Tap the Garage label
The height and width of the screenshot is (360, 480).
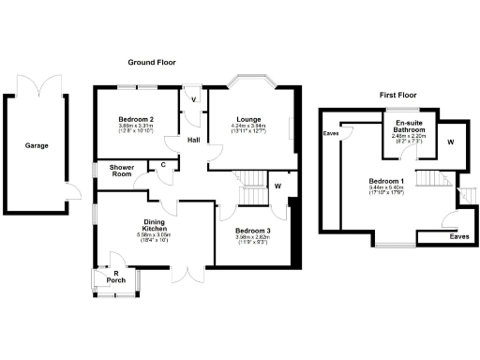click(x=37, y=145)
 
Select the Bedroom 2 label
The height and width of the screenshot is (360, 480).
click(x=136, y=120)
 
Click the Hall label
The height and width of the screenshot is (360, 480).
click(x=193, y=140)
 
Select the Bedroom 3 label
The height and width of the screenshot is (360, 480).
click(x=251, y=231)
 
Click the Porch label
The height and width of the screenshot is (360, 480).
click(x=117, y=279)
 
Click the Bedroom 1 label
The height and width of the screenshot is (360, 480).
click(x=386, y=180)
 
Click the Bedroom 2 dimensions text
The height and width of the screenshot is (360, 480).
click(x=136, y=131)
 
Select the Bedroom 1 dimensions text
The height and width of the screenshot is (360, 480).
click(x=386, y=191)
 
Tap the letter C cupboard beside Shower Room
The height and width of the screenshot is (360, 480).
click(x=163, y=166)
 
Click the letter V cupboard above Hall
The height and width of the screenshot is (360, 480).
click(x=193, y=99)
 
